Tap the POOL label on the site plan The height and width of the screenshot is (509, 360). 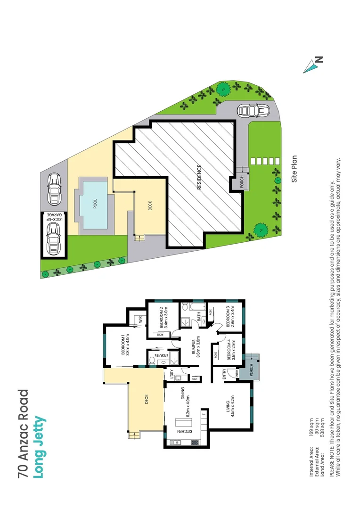point(95,204)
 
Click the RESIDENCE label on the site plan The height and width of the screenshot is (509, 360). point(199,177)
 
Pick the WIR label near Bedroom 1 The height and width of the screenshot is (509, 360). point(140,320)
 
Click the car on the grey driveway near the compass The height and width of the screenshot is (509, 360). point(254,111)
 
